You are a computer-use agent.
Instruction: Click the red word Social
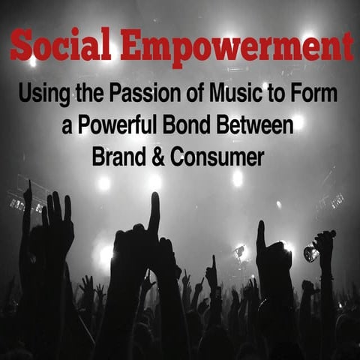point(61,44)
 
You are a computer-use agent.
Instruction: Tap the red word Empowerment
point(237,48)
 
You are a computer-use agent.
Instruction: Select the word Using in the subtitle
point(44,94)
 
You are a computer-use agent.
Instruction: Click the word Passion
point(146,93)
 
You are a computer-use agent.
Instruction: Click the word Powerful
point(118,124)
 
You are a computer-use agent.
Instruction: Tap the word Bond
point(187,124)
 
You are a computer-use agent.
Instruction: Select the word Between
point(254,124)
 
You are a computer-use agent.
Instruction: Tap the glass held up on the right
point(311,253)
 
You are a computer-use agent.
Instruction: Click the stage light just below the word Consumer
point(238,178)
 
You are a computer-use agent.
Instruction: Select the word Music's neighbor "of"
point(197,93)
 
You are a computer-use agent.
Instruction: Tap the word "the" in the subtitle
point(89,93)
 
